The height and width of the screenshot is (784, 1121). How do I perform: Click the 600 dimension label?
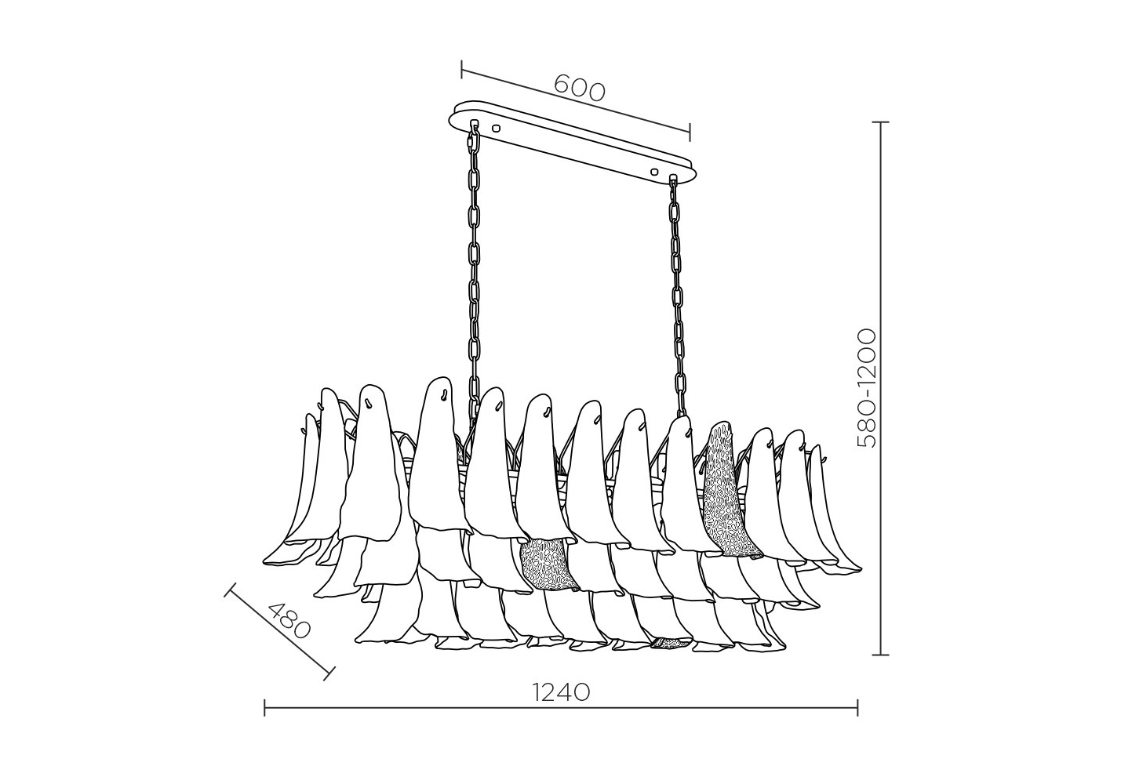(580, 88)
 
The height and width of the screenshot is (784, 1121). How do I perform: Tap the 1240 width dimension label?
(560, 692)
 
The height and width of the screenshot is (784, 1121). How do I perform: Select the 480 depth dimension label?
(289, 622)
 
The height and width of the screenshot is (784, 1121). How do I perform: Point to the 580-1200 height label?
(867, 388)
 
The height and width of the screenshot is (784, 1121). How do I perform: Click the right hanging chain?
(678, 295)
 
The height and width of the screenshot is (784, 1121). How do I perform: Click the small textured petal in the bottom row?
(672, 643)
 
